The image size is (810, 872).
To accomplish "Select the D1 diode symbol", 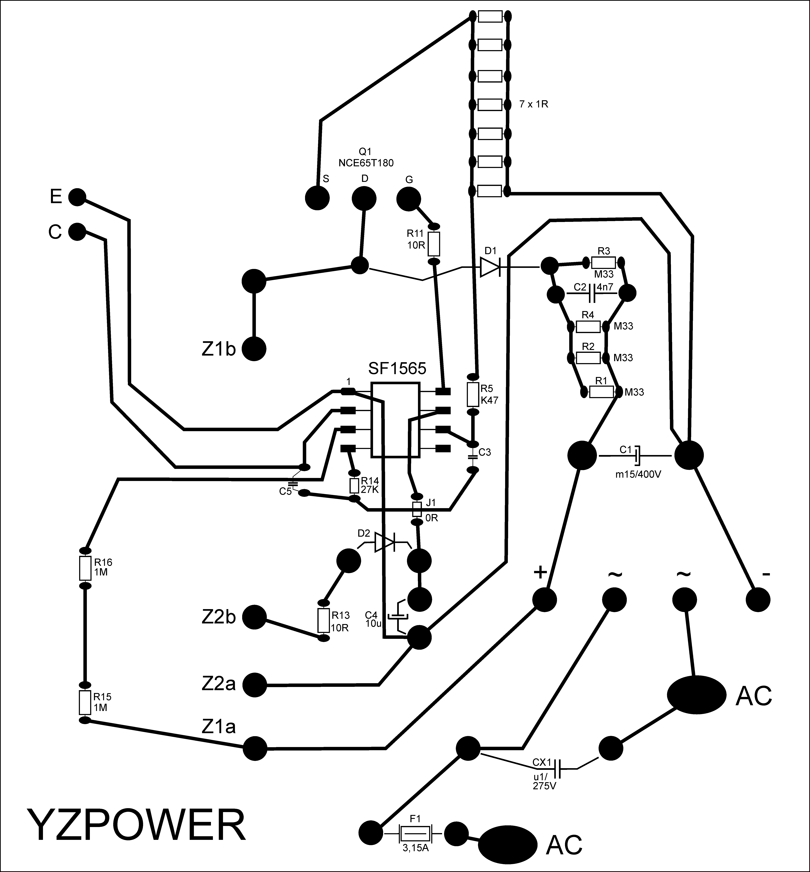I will point(490,267).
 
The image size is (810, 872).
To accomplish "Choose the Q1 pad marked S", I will point(317,198).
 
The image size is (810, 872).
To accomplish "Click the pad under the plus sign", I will point(544,599).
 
